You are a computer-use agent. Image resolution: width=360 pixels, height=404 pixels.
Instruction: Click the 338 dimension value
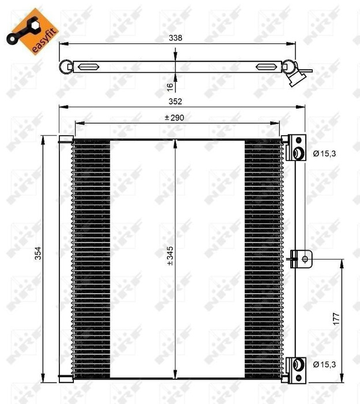coord(175,38)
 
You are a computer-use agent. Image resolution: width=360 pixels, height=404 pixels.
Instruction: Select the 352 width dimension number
coord(175,102)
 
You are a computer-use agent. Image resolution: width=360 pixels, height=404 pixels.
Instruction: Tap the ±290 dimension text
coord(175,118)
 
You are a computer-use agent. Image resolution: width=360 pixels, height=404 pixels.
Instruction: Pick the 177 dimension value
coord(336,319)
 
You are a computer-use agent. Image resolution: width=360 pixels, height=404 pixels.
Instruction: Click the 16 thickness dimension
coord(170,86)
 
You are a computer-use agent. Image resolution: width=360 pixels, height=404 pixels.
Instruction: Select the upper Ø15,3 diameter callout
coord(324,154)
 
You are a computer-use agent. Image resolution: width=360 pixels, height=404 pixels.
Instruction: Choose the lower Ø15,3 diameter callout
coord(324,364)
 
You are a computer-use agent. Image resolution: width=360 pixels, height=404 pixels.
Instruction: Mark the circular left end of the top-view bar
coord(65,65)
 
